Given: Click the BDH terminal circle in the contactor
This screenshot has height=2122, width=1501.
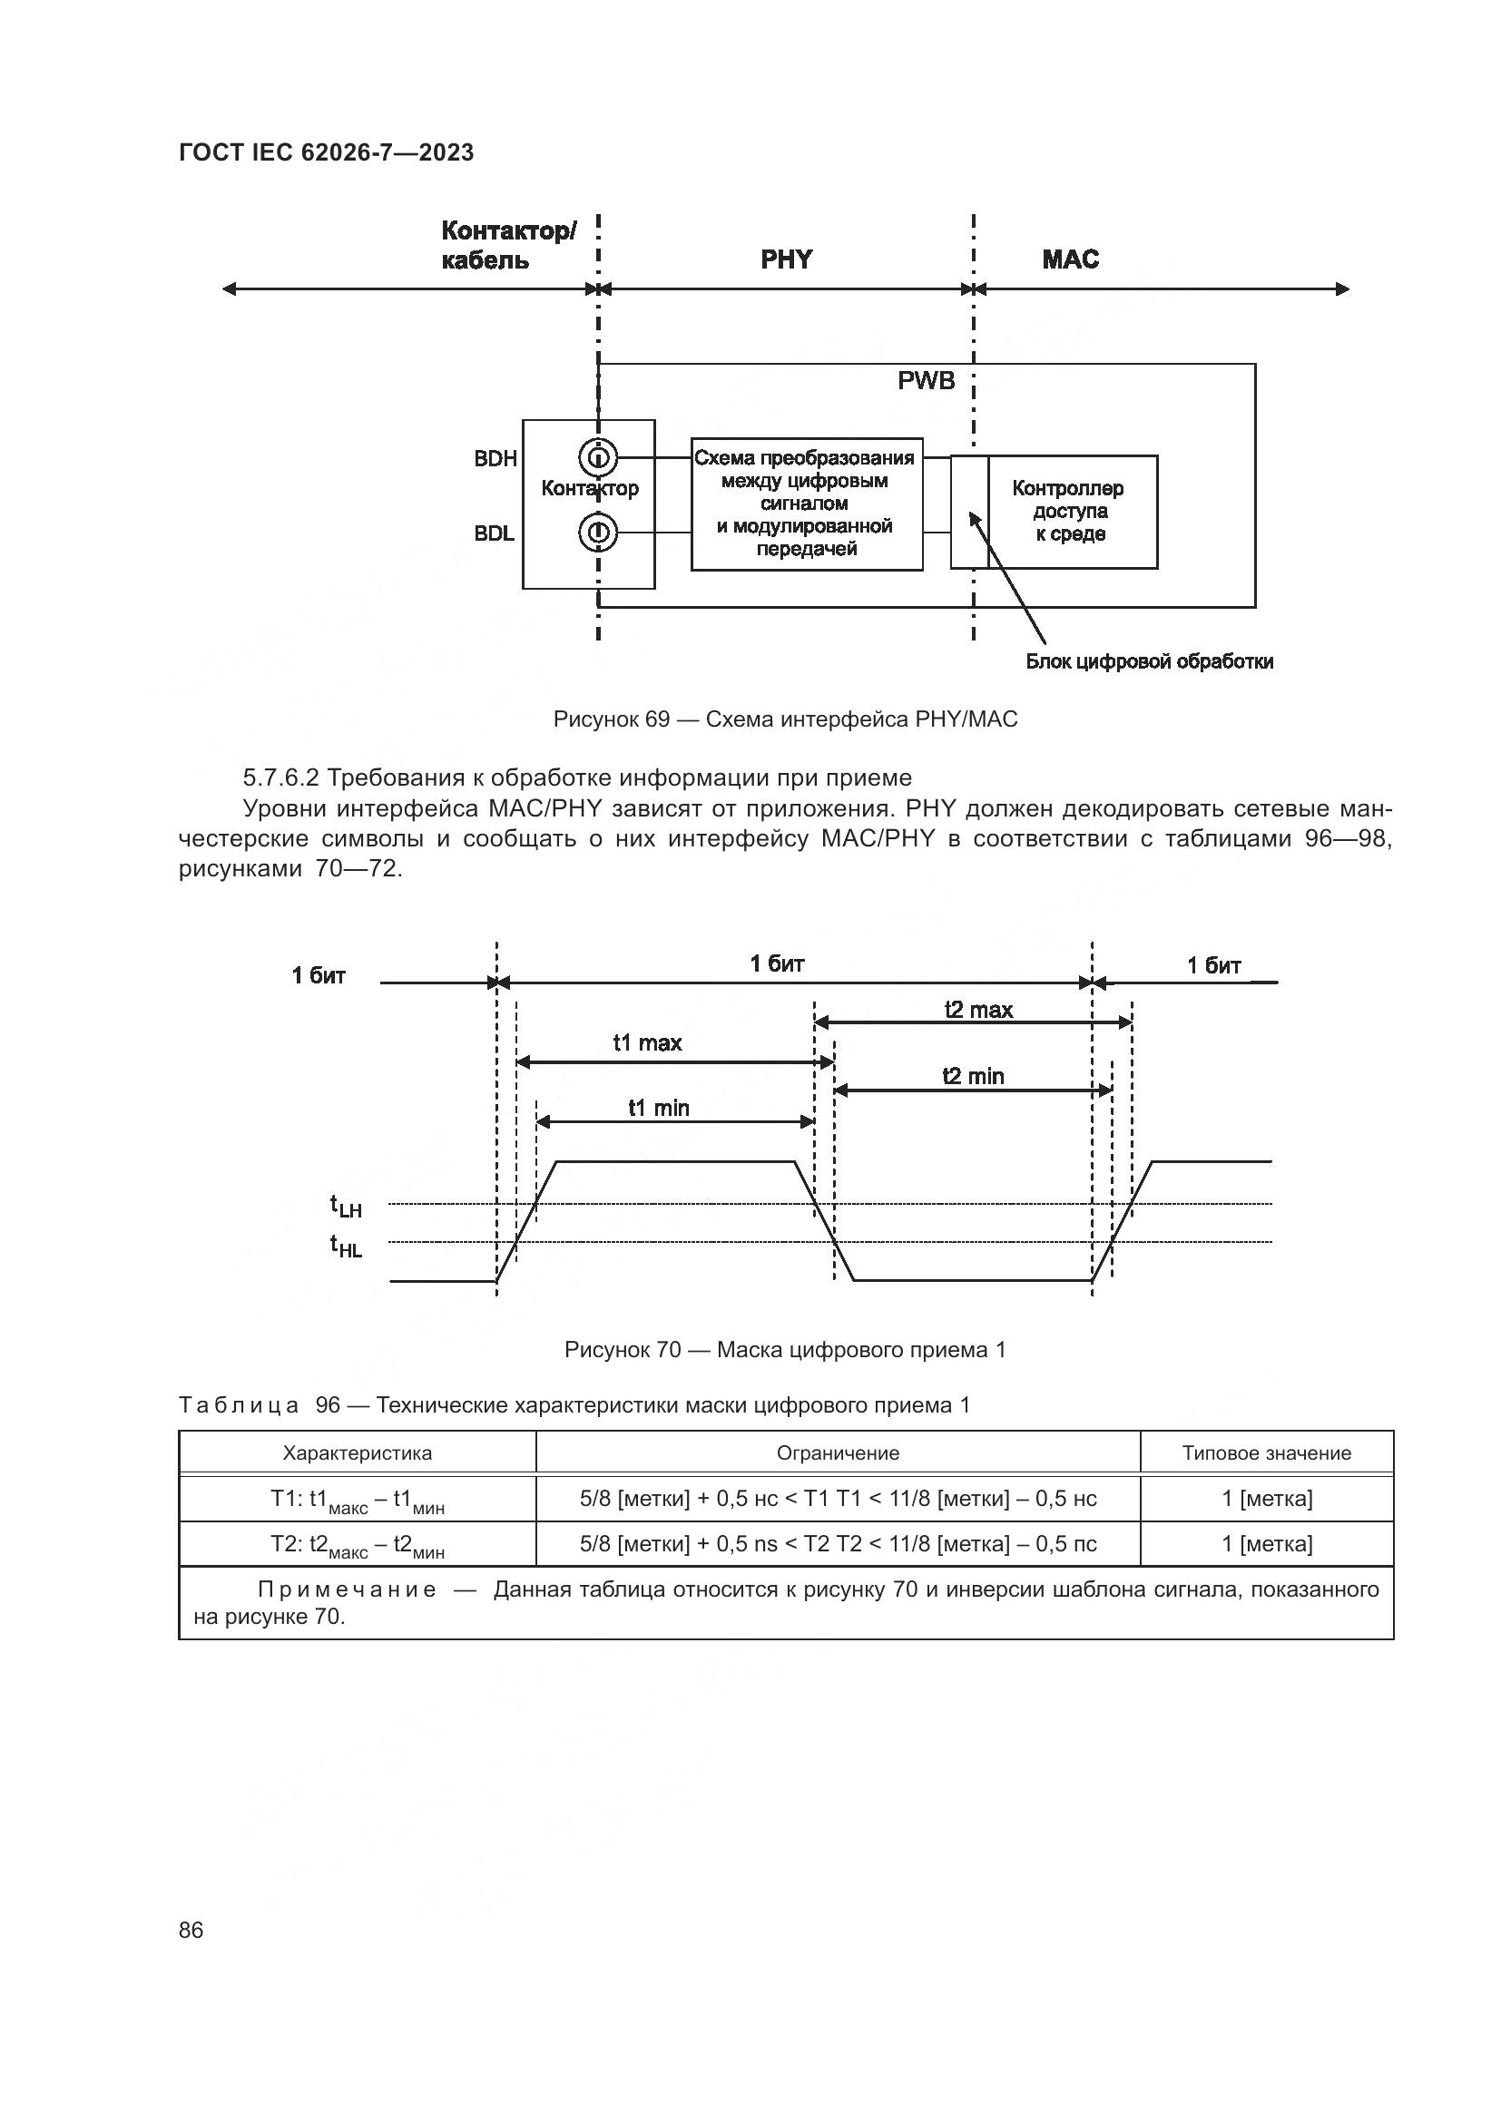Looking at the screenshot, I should coord(598,457).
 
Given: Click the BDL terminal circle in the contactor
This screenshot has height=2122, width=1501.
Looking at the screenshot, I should coord(598,533).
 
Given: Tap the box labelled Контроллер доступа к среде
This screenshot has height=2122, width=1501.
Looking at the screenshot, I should coord(1071,511).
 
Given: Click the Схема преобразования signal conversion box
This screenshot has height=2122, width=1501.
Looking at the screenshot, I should coord(806,504).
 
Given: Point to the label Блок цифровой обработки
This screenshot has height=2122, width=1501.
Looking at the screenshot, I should coord(1149,661).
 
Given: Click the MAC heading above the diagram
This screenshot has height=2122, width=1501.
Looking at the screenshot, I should coord(1070,259).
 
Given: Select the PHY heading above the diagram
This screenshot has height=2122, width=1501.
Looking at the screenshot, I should coord(786,259).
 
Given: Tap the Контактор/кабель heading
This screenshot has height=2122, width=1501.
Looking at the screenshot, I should coord(507,245).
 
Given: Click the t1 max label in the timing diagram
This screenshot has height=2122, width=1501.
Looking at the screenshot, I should coord(647,1043).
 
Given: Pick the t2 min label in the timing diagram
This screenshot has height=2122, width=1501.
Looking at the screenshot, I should coord(972,1076).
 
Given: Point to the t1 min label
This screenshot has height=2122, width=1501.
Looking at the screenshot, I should coord(658,1108).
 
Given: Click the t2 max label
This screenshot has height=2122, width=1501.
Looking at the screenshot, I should coord(978,1010).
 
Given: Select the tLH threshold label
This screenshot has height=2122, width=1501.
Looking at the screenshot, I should coord(347,1206).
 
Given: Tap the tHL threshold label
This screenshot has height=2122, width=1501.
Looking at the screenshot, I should coord(347,1247).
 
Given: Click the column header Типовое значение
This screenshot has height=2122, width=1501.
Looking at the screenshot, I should coord(1265,1452).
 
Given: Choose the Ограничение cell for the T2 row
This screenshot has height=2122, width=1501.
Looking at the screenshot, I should coord(838,1543).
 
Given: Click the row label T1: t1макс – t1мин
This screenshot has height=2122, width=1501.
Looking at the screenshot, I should coord(357,1500).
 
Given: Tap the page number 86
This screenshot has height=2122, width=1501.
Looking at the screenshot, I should coord(191,1930).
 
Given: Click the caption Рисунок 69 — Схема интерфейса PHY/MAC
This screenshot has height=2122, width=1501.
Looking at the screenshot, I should coord(785,719).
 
